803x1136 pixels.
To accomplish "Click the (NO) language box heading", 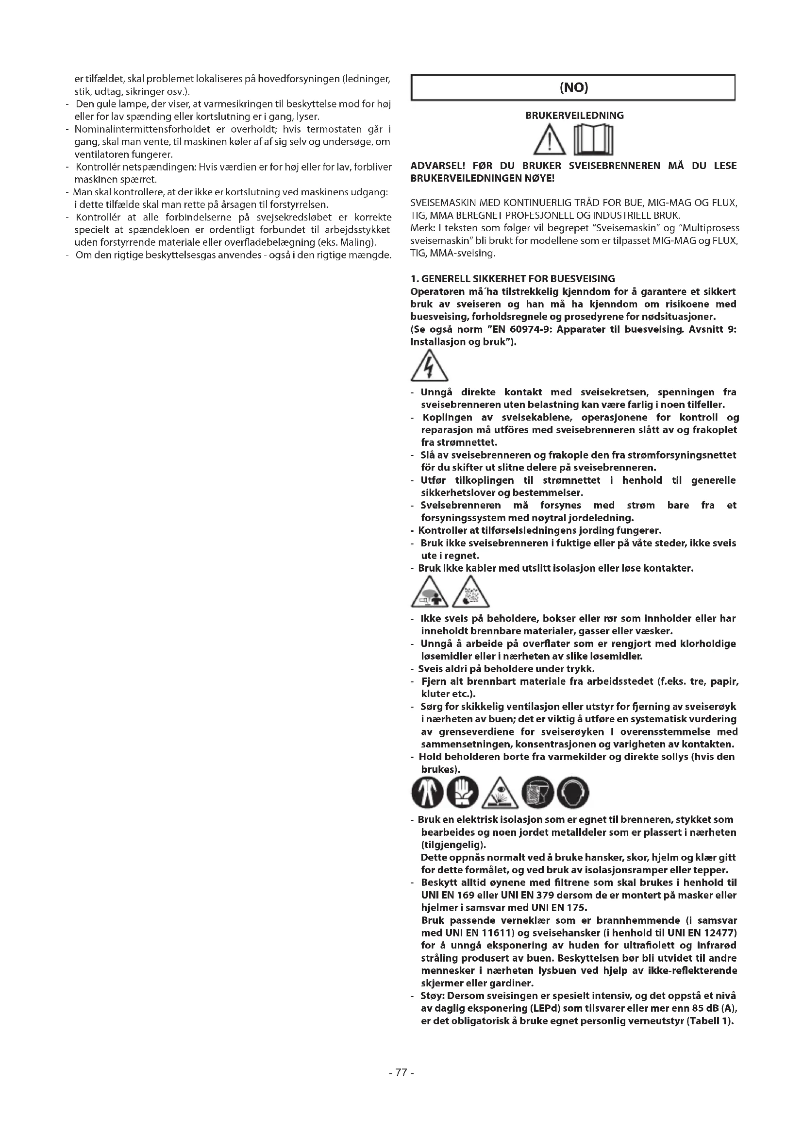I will (573, 88).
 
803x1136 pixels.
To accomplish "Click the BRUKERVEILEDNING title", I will (574, 116).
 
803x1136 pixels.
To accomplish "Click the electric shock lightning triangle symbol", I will (429, 367).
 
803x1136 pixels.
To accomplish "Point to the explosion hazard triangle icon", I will (471, 593).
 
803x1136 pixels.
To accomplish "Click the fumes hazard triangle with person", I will (429, 593).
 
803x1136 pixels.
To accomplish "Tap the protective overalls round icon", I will (427, 792).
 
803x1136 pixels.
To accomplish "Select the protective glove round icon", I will (462, 792).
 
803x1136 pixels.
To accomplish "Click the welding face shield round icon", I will (537, 792).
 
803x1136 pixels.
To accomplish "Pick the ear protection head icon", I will (572, 792).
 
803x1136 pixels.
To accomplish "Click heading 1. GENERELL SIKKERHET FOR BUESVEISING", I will (512, 279).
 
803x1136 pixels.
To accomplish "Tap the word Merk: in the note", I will (421, 228).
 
